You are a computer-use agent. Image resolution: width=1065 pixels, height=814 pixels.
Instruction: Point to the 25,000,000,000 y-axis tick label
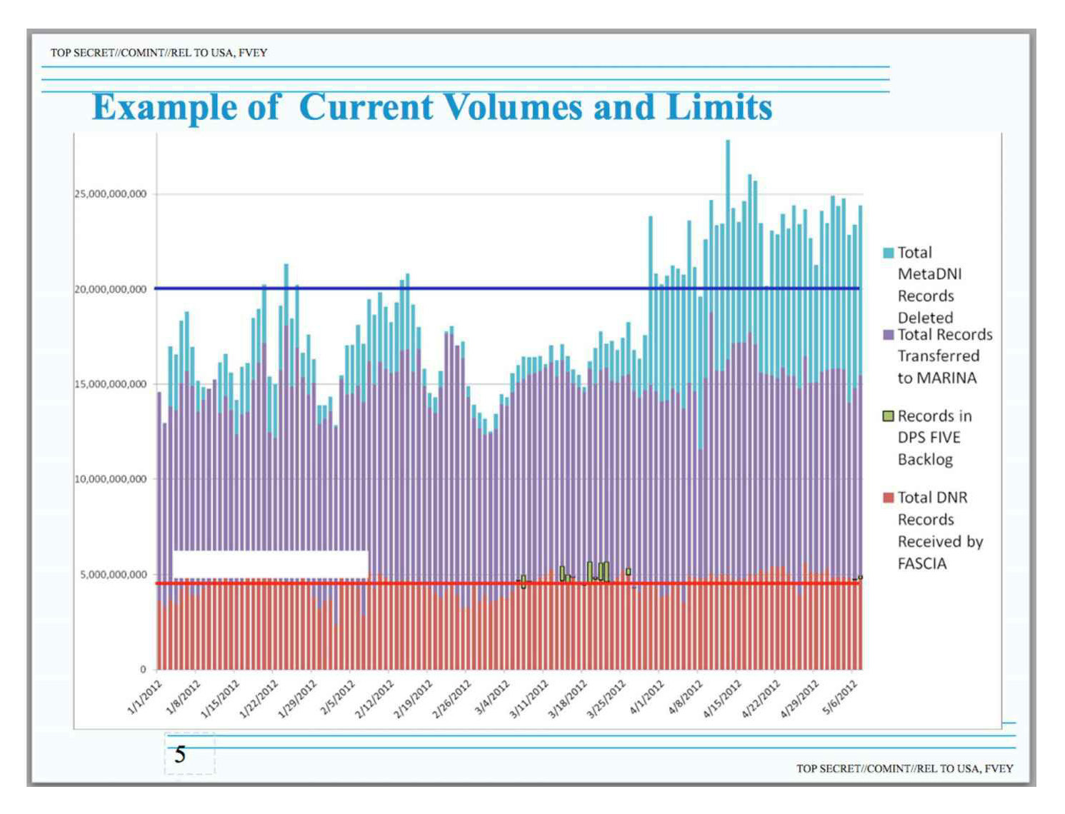click(x=111, y=194)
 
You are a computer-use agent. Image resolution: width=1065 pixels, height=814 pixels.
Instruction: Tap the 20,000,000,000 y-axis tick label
click(x=111, y=289)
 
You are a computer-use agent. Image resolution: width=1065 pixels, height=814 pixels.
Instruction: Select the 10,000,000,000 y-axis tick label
click(x=111, y=479)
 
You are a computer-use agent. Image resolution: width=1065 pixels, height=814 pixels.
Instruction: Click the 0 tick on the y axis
click(x=143, y=670)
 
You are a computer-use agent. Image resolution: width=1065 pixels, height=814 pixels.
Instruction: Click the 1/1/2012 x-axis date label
click(x=145, y=697)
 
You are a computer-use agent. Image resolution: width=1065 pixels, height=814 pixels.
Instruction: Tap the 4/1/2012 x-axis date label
click(x=647, y=697)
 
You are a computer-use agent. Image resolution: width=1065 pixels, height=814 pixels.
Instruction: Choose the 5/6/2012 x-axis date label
click(x=841, y=697)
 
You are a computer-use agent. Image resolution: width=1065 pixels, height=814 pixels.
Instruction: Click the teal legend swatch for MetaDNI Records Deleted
click(x=889, y=253)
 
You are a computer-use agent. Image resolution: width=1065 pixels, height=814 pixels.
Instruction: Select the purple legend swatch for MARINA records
click(x=889, y=335)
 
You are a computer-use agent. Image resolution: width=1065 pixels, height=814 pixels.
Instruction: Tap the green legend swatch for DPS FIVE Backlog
click(x=889, y=416)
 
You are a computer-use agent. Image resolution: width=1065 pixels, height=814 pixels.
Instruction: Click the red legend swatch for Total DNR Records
click(x=889, y=498)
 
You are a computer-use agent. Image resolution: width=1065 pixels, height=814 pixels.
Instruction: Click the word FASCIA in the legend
click(x=922, y=564)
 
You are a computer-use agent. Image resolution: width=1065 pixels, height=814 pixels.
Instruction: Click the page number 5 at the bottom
click(x=181, y=754)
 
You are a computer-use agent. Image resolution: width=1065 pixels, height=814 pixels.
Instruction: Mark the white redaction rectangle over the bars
click(x=270, y=564)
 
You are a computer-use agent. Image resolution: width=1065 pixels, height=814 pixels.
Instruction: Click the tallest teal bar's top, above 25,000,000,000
click(x=728, y=141)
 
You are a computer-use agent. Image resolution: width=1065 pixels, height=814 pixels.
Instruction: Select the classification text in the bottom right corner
click(x=904, y=768)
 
